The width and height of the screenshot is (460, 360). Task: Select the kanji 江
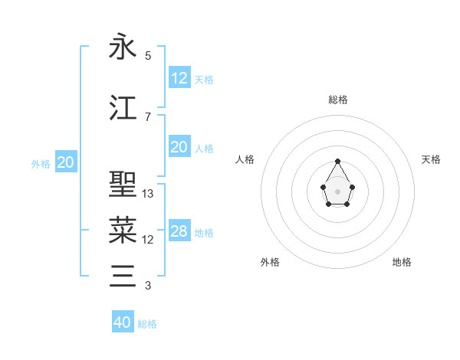[123, 108]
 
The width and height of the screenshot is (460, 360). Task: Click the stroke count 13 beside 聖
[148, 194]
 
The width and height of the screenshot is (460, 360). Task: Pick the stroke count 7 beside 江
[148, 117]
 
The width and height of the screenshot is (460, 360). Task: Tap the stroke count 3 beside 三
[148, 286]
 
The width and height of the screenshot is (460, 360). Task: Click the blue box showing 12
[179, 77]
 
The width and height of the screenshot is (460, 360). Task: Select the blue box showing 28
[179, 231]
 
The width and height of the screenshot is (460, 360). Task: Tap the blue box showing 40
[123, 322]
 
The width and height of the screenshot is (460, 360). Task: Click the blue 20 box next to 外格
[66, 162]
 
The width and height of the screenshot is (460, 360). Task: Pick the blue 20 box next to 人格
[179, 147]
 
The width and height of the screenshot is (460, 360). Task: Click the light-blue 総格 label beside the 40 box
[147, 324]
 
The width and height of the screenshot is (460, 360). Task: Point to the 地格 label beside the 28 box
[204, 232]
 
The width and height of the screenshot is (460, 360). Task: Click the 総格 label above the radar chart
[338, 100]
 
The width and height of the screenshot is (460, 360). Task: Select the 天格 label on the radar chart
[431, 159]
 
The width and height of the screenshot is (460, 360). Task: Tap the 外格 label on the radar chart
[270, 262]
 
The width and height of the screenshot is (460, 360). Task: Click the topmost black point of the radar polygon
[338, 162]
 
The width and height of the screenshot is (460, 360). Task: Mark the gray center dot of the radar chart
[338, 191]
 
